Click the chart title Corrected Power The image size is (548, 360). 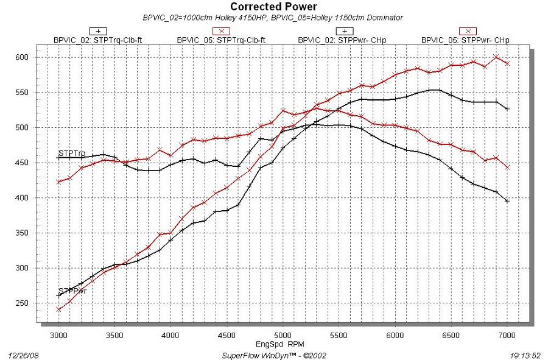273,7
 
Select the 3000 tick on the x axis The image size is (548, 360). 58,335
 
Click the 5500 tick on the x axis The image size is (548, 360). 339,335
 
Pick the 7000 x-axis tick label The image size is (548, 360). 507,335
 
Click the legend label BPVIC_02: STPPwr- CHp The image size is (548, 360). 342,40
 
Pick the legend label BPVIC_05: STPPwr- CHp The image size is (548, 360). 466,40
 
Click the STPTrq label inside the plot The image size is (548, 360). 72,153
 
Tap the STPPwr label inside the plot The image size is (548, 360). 72,291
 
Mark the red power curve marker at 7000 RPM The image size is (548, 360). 507,63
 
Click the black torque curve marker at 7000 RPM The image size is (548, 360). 507,200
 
